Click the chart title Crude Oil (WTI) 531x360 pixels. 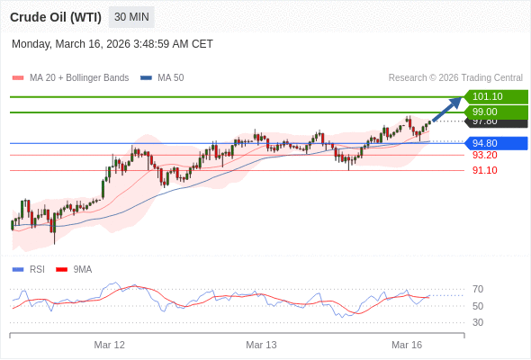point(55,17)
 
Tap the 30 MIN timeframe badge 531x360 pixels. point(131,17)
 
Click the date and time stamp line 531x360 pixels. point(112,43)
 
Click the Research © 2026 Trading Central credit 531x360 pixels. point(455,77)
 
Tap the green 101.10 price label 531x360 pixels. point(495,96)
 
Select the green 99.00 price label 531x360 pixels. point(495,112)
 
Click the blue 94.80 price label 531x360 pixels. point(495,143)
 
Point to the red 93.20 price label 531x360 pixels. point(484,155)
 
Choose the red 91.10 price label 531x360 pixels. point(484,170)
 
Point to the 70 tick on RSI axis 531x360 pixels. point(478,289)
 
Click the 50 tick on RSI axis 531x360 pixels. point(478,306)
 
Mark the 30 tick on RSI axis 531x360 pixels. point(478,322)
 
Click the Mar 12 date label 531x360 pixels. point(110,345)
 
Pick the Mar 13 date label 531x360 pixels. point(261,345)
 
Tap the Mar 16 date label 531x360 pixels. point(407,345)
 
